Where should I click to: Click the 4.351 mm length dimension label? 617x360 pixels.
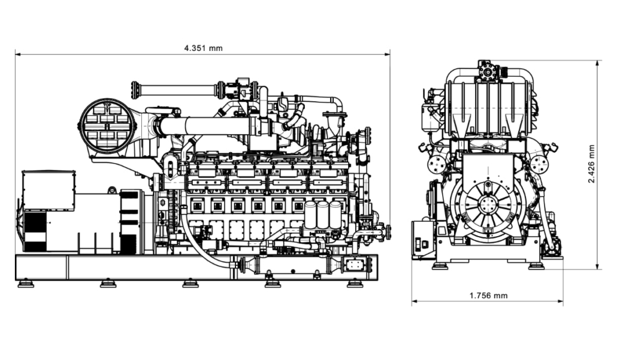tap(203, 48)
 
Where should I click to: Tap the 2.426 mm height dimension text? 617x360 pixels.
tap(591, 164)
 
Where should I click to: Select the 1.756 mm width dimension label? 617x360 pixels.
tap(488, 296)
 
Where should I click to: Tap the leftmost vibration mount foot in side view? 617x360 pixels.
tap(26, 283)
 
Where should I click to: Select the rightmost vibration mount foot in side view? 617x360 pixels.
tap(355, 283)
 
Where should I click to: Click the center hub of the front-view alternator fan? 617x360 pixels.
tap(487, 204)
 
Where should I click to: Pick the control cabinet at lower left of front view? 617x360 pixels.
tap(424, 240)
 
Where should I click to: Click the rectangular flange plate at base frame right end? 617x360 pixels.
tap(355, 264)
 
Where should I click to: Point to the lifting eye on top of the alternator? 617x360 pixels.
tap(112, 190)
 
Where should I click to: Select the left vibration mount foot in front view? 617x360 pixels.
tap(440, 265)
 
